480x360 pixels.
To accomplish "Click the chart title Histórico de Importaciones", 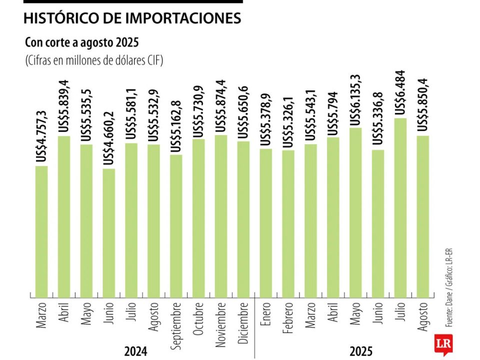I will coord(132,18).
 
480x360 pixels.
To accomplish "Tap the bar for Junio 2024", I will coord(109,232).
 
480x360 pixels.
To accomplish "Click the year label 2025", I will coord(360,351).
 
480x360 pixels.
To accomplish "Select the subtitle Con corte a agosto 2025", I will coord(81,42).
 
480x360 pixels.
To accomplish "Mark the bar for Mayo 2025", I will coord(355,212).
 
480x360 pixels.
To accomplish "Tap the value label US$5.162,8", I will coord(176,127).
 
